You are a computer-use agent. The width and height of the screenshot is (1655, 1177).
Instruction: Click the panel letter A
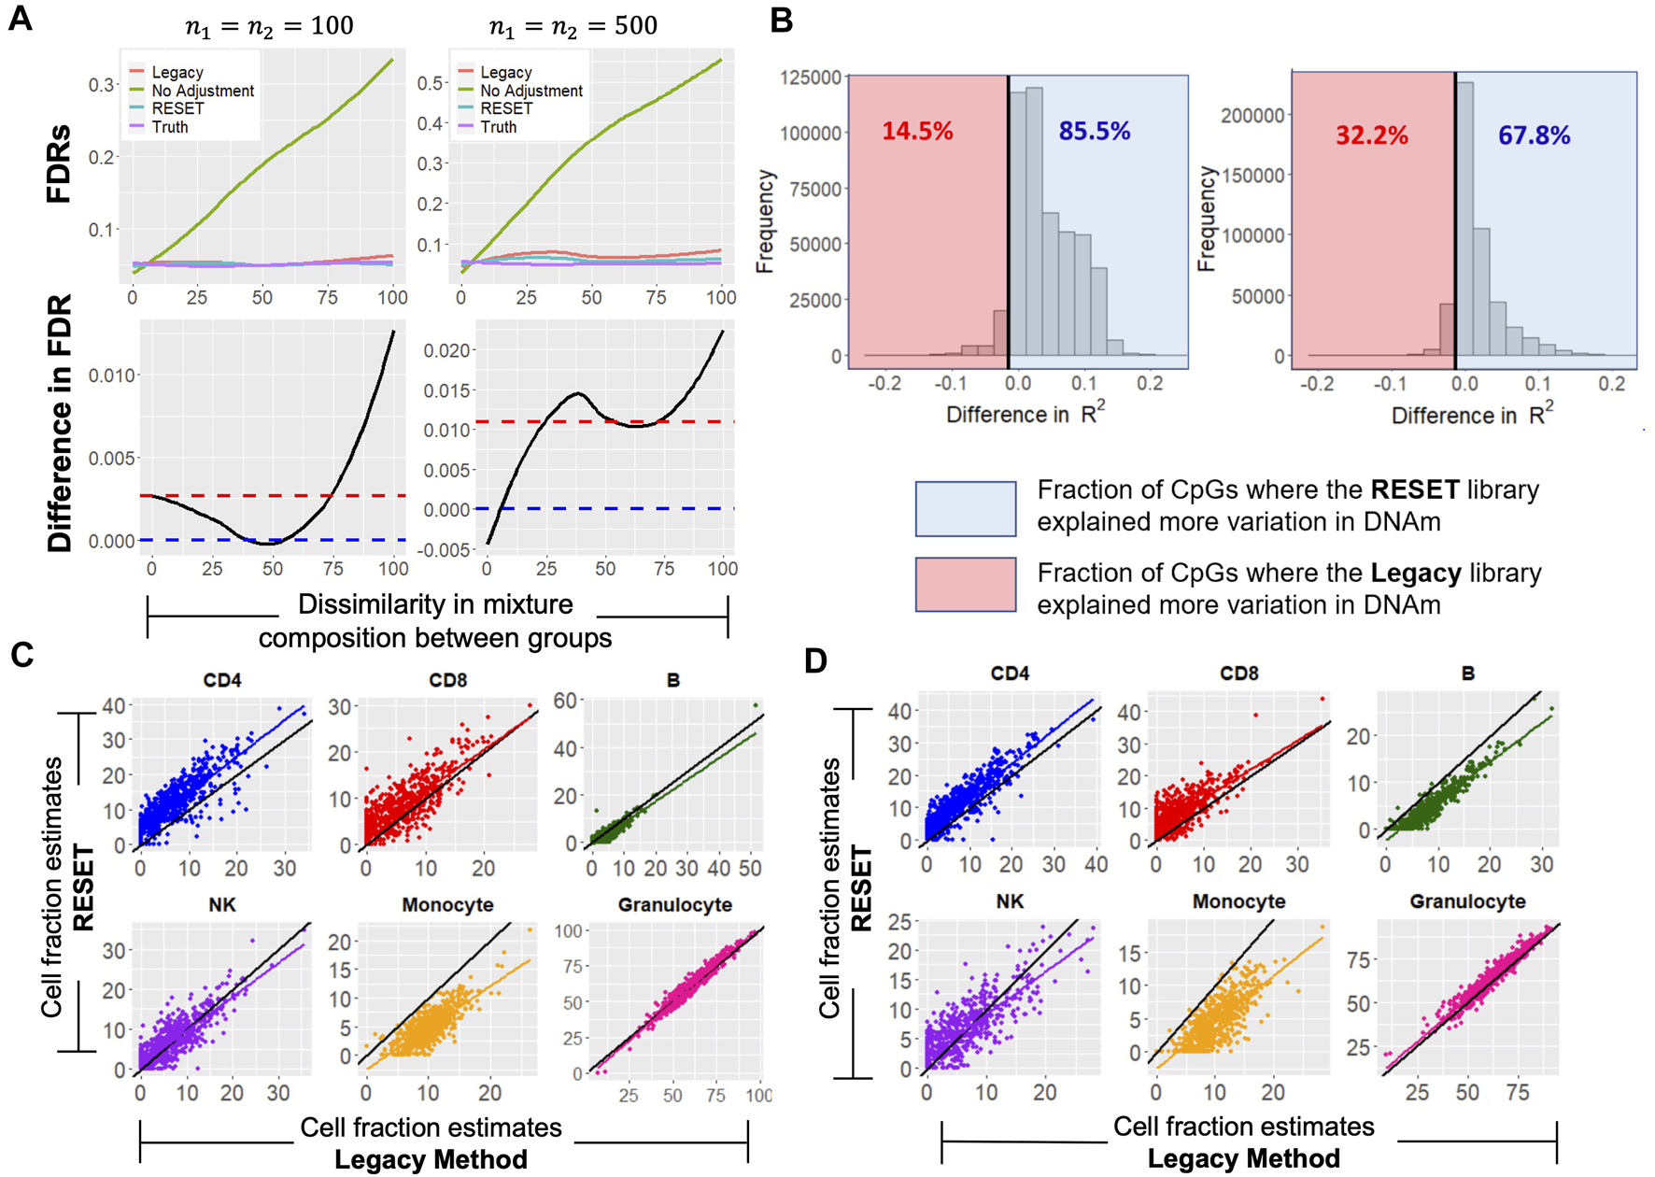(x=20, y=19)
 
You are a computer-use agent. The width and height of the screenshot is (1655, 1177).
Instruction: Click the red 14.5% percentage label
(x=917, y=131)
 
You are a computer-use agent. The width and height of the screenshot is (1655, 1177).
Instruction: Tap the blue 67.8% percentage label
(x=1534, y=135)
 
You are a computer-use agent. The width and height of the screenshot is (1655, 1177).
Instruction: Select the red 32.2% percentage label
(x=1371, y=135)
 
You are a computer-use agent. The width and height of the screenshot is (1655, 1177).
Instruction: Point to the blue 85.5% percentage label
(x=1094, y=131)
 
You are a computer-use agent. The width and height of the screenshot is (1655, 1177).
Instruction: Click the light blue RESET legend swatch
(x=965, y=508)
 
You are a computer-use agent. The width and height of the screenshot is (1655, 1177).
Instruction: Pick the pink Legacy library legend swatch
(x=965, y=585)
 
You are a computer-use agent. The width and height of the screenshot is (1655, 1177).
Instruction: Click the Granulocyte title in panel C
(x=674, y=904)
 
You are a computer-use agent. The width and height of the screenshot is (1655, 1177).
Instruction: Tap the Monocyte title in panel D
(x=1238, y=901)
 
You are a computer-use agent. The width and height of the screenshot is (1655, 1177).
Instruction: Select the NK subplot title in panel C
(x=222, y=904)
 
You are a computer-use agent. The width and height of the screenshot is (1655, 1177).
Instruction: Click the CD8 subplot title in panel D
(x=1238, y=674)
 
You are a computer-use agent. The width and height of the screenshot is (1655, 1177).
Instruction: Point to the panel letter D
(x=815, y=661)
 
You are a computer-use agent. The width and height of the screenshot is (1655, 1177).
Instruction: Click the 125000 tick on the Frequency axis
(x=811, y=78)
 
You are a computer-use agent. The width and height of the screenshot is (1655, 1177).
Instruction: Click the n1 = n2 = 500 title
(x=573, y=26)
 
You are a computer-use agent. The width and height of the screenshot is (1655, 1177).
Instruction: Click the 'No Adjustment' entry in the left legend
(x=202, y=91)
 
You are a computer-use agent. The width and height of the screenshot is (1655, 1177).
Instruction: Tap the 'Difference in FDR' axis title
(x=59, y=423)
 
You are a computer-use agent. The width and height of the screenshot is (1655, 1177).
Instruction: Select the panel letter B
(x=782, y=21)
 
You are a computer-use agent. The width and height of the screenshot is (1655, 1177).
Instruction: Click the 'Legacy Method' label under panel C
(x=431, y=1160)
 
